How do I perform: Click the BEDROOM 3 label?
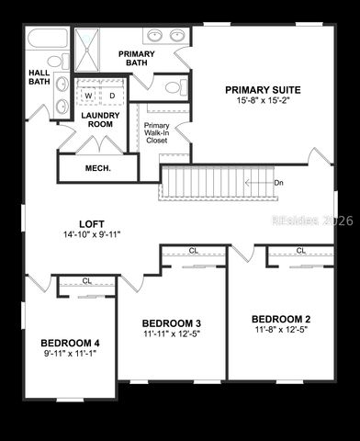tap(172, 322)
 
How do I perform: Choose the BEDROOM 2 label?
tap(283, 319)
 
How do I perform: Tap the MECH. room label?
tap(97, 168)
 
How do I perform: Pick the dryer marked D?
tap(112, 95)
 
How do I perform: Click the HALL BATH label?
tap(39, 77)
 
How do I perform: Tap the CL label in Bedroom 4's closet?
tap(86, 281)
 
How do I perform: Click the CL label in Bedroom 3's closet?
tap(193, 250)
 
